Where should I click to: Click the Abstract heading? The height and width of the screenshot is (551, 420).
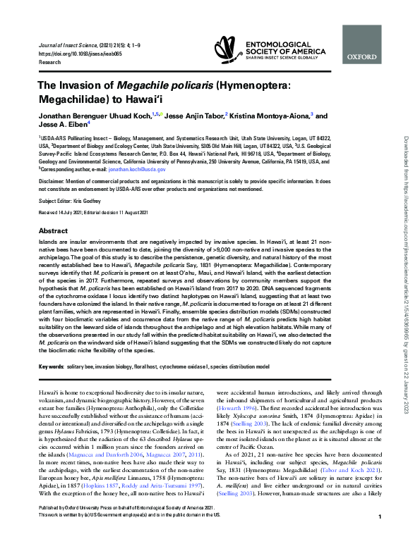[53, 230]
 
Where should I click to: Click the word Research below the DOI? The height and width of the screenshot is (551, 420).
[50, 61]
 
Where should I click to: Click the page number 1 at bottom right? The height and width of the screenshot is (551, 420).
[380, 536]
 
